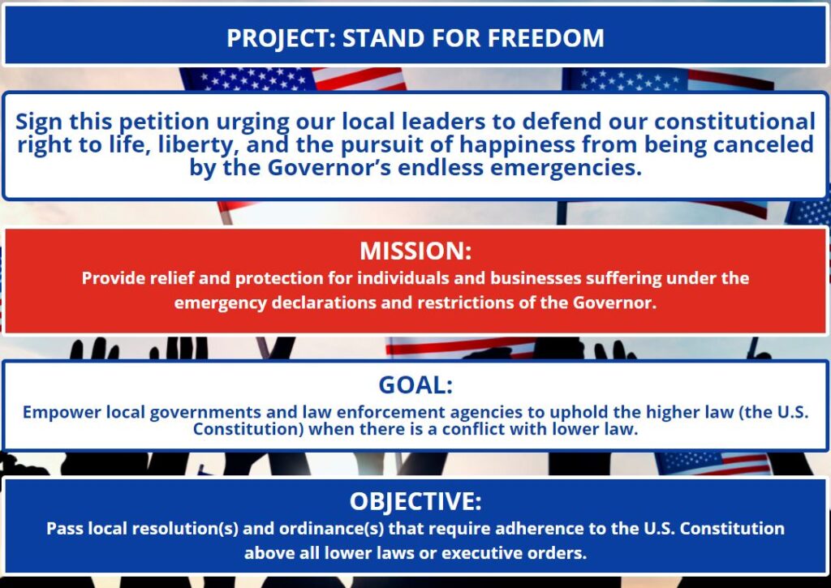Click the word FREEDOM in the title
545,38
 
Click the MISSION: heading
415,251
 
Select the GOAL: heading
415,385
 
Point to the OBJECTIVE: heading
415,502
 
